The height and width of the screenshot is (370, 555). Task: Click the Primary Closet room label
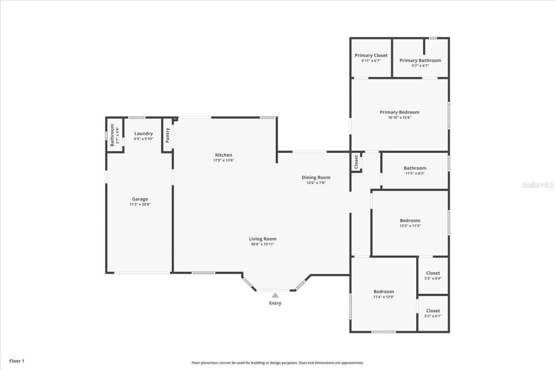tap(371, 55)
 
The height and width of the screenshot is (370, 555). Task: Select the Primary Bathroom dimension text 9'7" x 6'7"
tap(420, 66)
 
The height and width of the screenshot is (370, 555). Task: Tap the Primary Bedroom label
tap(399, 112)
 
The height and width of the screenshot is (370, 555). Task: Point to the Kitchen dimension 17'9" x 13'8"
tap(223, 160)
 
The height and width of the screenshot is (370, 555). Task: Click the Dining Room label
tap(316, 177)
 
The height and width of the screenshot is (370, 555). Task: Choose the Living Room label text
tap(262, 239)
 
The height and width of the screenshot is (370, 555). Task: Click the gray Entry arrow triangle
tap(275, 295)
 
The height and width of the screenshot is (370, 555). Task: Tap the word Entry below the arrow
tap(275, 303)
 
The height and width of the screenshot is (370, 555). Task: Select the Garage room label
tap(140, 199)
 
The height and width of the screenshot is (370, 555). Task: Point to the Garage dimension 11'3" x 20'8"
tap(140, 204)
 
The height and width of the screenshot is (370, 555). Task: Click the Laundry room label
tap(143, 133)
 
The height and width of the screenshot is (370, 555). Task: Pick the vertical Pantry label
tap(167, 135)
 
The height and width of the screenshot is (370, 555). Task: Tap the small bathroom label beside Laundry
tap(112, 135)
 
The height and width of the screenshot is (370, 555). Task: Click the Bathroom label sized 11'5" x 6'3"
tap(415, 168)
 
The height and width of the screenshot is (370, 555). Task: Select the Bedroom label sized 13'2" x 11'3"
tap(410, 221)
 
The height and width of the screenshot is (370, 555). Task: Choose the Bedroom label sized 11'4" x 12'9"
tap(384, 292)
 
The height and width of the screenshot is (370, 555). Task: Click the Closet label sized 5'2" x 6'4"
tap(433, 273)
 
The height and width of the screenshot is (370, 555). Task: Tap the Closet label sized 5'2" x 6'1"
tap(433, 311)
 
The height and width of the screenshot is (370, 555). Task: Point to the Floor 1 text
tap(17, 361)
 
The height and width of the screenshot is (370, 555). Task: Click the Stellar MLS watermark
tap(538, 185)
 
